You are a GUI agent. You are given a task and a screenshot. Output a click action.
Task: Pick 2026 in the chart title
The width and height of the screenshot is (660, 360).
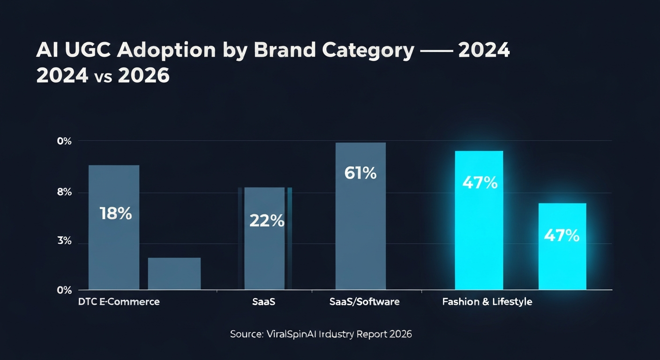coord(143,75)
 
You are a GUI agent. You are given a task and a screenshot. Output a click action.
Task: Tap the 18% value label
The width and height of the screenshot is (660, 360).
coord(116,214)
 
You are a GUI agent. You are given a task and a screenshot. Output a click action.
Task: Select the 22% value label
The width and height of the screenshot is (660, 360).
coord(267,221)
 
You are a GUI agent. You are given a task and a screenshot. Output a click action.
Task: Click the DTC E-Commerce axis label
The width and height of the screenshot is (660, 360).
coord(119,301)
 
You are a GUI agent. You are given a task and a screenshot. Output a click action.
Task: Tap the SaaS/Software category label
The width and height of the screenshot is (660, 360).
coord(365,301)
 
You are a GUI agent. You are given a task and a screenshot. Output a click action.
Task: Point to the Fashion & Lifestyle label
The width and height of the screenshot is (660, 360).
coord(487,301)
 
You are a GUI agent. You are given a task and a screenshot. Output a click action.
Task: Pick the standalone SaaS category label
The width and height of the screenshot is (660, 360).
coord(263,301)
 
